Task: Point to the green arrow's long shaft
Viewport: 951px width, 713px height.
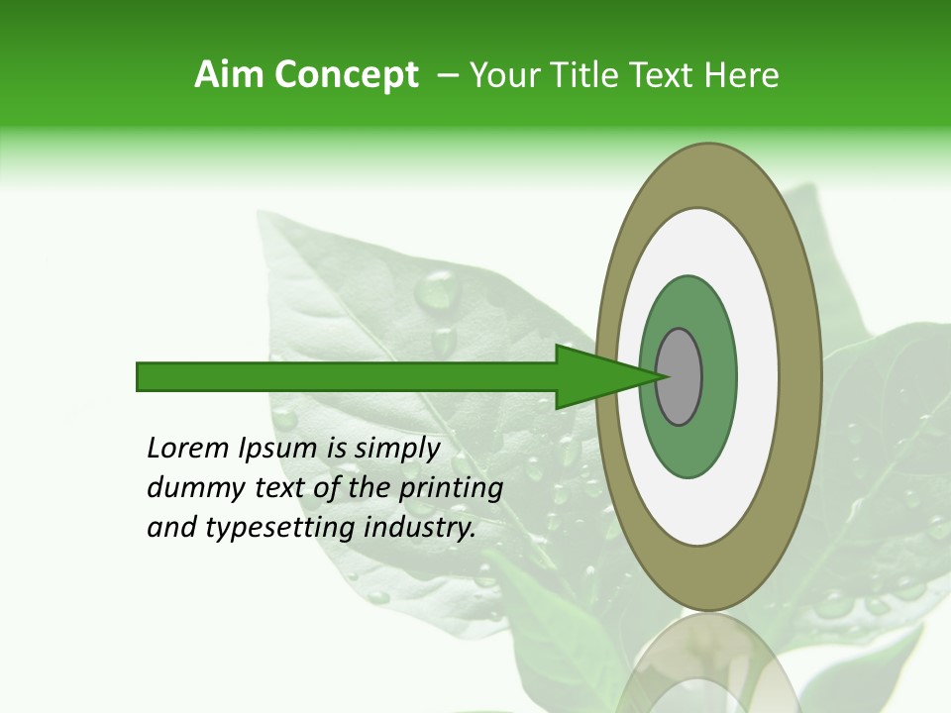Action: tap(347, 376)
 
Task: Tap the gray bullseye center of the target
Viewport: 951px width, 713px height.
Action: tap(680, 376)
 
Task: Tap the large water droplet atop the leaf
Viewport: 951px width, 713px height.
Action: tap(437, 289)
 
